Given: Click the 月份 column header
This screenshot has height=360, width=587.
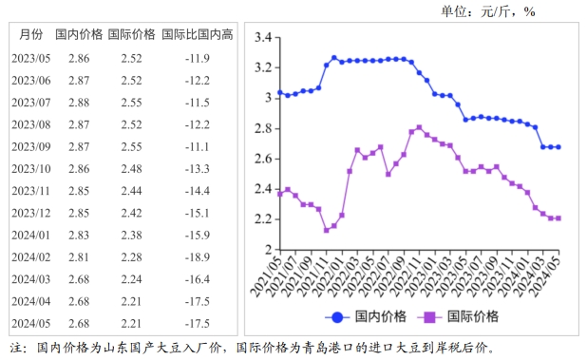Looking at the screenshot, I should (31, 35).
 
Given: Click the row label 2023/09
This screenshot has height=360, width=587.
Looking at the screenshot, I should (31, 146).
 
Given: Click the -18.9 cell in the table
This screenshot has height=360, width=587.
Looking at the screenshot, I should (198, 257).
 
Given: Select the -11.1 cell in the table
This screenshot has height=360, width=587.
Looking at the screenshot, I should (198, 146).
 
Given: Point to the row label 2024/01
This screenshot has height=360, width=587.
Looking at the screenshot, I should (31, 235).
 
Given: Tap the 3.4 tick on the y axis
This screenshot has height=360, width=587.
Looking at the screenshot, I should (263, 37).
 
